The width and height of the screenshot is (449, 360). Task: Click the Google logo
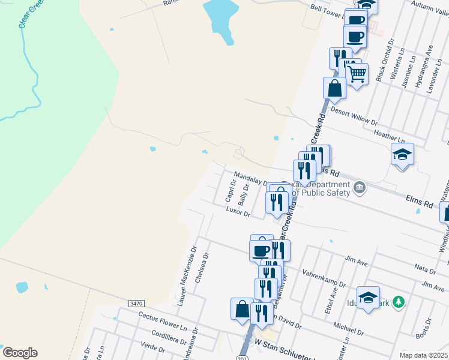tap(20, 353)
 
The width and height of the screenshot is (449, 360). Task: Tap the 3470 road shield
tap(136, 304)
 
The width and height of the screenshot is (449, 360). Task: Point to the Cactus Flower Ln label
tap(159, 318)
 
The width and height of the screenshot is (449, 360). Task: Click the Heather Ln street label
tap(385, 135)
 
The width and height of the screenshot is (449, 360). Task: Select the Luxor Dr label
tap(238, 212)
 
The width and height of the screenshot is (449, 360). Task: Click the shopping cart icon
tap(357, 74)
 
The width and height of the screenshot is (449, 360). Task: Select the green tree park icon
tap(397, 302)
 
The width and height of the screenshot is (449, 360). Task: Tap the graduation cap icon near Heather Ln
tap(402, 154)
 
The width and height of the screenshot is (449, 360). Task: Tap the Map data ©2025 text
tap(423, 355)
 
